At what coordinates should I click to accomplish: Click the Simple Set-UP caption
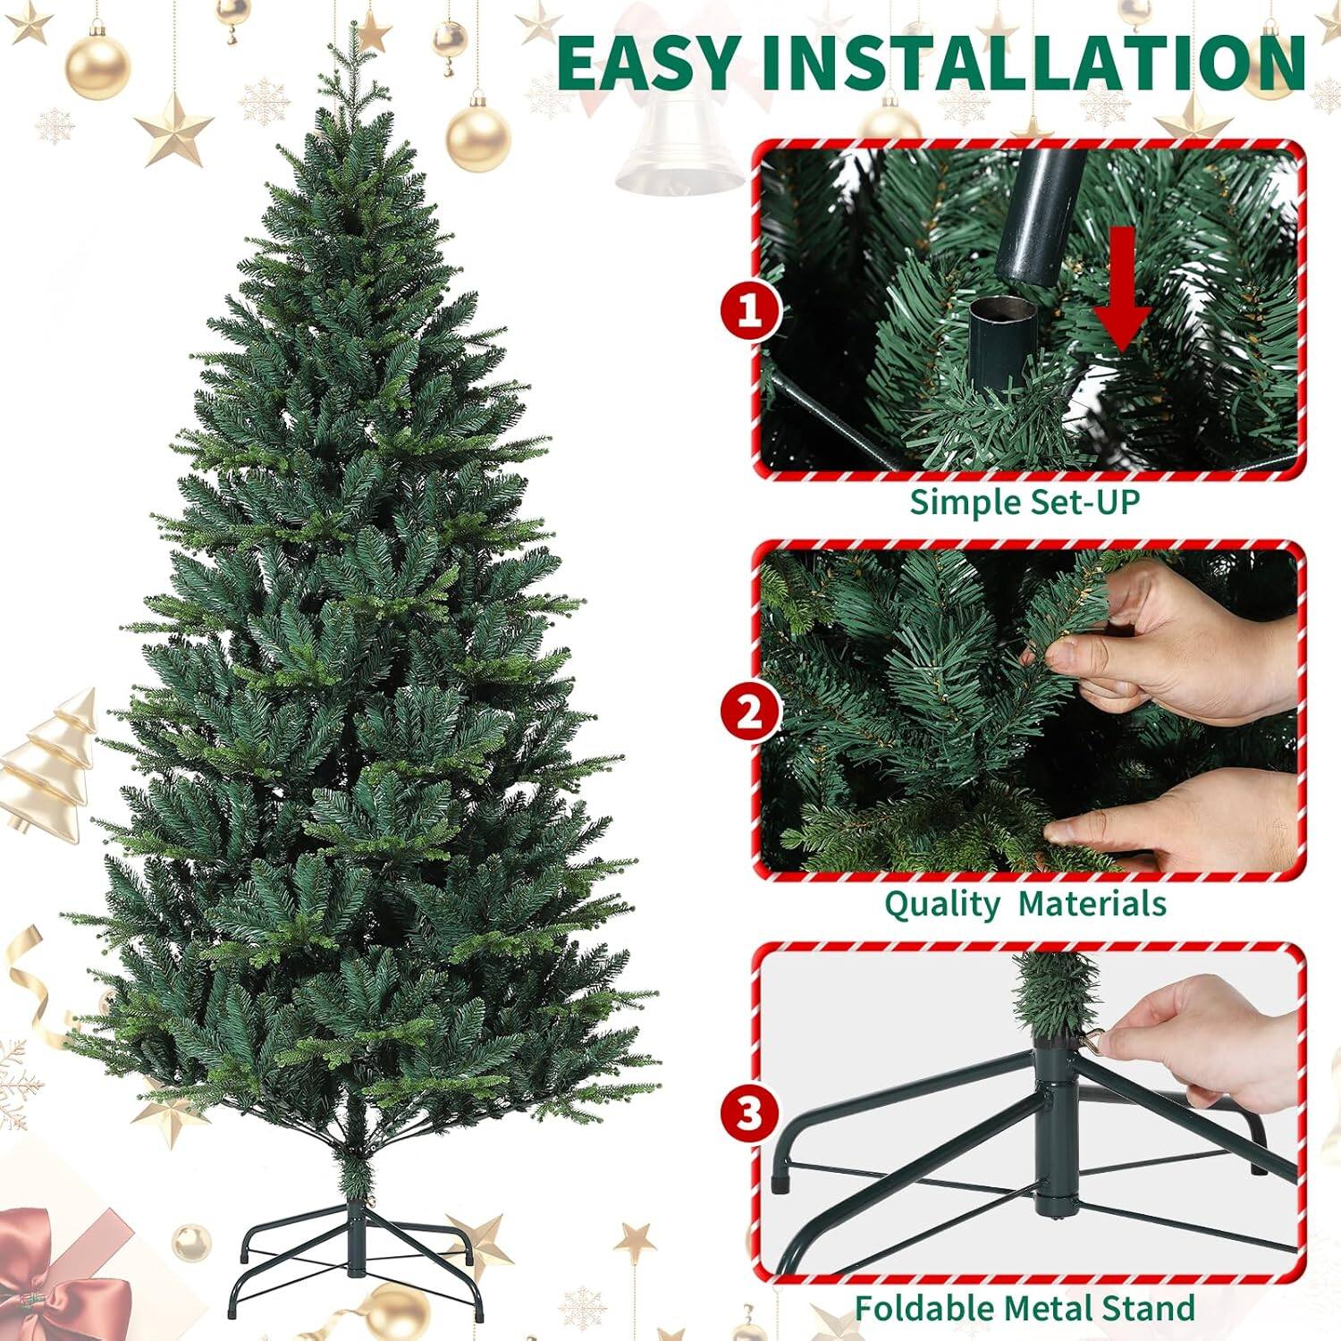pyautogui.click(x=1025, y=502)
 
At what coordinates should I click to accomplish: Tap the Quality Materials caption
pyautogui.click(x=1025, y=904)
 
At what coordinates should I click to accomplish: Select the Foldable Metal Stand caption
pyautogui.click(x=1025, y=1308)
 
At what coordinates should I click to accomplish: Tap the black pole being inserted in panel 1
pyautogui.click(x=1042, y=215)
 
